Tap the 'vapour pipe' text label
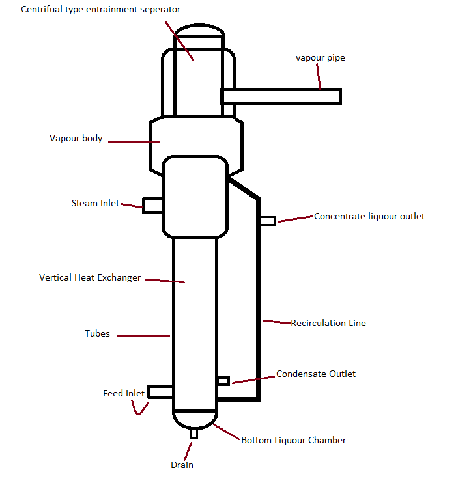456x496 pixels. pos(321,58)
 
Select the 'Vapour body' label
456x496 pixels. pos(76,139)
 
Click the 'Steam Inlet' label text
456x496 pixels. pos(95,204)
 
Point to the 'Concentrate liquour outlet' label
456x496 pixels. pos(369,216)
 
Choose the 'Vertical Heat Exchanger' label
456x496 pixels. pos(90,278)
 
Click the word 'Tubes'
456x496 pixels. pos(97,334)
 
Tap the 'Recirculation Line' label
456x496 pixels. pos(328,323)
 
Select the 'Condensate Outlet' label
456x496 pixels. pos(316,374)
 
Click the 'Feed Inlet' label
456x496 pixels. pos(124,394)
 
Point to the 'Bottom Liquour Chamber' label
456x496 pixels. pos(293,441)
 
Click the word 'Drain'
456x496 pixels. pos(182,465)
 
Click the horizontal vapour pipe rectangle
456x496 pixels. pos(281,96)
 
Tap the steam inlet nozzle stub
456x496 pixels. pos(152,206)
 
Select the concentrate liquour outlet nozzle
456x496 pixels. pos(268,221)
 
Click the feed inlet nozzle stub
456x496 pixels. pos(160,392)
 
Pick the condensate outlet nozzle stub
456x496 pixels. pos(223,380)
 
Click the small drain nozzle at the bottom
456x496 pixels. pos(193,434)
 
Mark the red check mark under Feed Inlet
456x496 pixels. pos(139,409)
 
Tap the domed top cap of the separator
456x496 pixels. pos(199,30)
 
